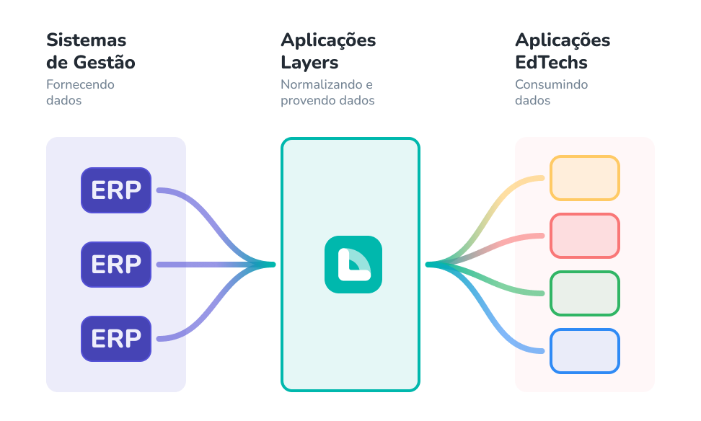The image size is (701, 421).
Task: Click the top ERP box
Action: pos(116,190)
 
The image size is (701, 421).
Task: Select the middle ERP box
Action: pos(116,265)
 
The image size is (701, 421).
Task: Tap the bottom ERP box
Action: pos(116,338)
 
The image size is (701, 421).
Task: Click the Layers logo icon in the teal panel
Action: pos(353,264)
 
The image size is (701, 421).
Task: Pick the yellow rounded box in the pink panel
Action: pos(584,178)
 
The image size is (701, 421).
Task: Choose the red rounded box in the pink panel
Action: pos(584,236)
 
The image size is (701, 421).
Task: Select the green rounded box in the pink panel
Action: pos(584,293)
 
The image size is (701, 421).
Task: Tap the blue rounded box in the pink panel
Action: pos(584,351)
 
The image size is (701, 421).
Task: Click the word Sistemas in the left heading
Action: pos(86,40)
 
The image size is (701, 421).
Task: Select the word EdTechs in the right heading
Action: pos(551,63)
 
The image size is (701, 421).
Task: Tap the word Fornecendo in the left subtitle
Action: pos(80,85)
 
